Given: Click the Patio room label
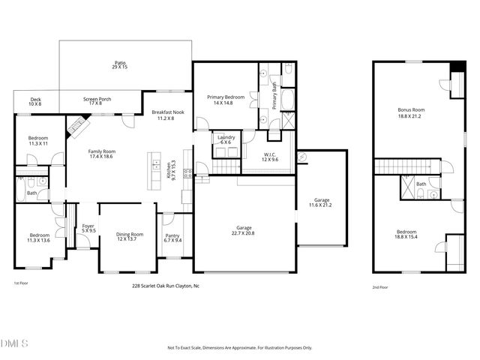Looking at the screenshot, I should click(x=120, y=65).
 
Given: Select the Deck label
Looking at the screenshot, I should click(x=36, y=101).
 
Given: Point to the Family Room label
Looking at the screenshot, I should click(x=101, y=154).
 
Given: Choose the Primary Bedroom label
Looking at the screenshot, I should click(x=224, y=100).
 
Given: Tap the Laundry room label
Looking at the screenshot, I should click(x=226, y=139).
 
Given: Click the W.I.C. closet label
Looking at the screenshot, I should click(x=271, y=157).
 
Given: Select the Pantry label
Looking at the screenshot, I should click(x=172, y=238).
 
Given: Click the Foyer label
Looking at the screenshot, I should click(x=88, y=228).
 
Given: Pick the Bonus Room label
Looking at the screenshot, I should click(x=409, y=113).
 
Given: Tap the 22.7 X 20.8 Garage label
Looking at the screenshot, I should click(x=244, y=230).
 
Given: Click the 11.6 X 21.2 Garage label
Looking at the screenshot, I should click(x=322, y=202).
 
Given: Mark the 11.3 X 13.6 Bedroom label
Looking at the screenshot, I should click(x=39, y=238).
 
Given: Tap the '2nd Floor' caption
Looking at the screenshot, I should click(x=380, y=287).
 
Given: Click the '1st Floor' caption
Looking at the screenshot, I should click(x=20, y=283).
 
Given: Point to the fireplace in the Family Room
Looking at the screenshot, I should click(x=75, y=128).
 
